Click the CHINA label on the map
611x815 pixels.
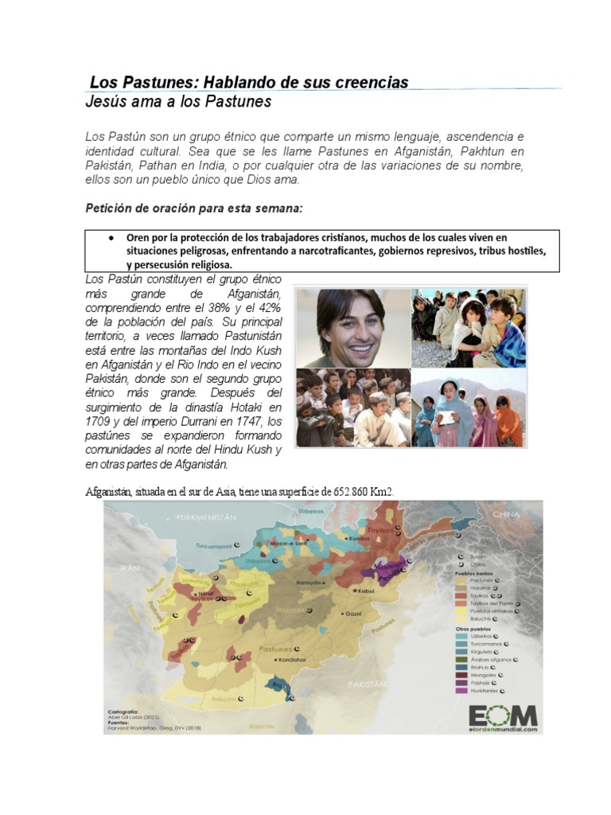point(505,515)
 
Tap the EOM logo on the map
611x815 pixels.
point(501,712)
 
